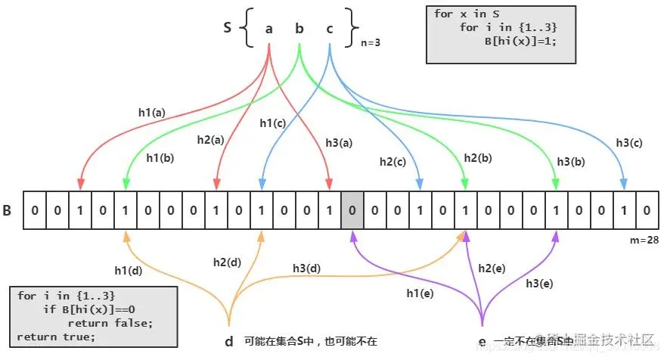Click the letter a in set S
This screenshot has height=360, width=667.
[x=269, y=29]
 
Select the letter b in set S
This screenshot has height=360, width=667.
[x=299, y=29]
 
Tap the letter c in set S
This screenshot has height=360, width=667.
[x=329, y=29]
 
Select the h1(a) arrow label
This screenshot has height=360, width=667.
[x=151, y=112]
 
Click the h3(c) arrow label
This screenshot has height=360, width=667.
[x=629, y=141]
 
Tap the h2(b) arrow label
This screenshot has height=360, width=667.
[x=479, y=157]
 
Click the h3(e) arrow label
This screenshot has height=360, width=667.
[x=540, y=283]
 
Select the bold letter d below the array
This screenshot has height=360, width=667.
[x=228, y=341]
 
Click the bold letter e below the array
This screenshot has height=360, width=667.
[x=482, y=342]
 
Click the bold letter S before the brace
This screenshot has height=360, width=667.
[x=227, y=28]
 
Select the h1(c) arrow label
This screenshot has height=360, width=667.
[x=273, y=123]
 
